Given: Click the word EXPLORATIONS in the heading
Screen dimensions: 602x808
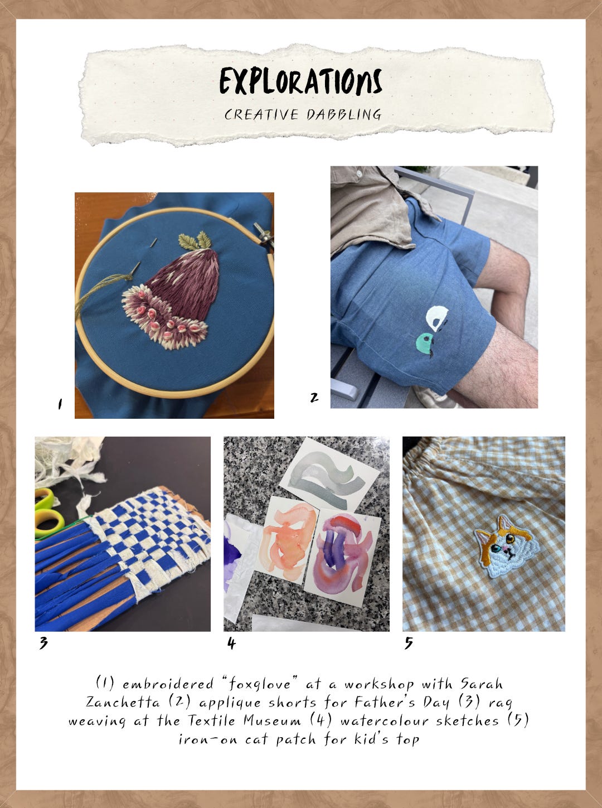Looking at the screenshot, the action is (x=300, y=81).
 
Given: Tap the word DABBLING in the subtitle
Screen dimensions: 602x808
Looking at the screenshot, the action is (x=344, y=114).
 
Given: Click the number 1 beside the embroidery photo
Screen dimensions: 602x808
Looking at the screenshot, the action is (x=60, y=404).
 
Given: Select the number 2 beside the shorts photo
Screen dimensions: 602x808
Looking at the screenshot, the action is (x=314, y=398).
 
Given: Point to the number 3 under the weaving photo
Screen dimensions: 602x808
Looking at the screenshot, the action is (x=43, y=643).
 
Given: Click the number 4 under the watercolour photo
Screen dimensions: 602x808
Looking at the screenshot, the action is (x=231, y=643).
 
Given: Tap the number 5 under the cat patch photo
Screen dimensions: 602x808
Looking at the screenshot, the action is (x=409, y=643).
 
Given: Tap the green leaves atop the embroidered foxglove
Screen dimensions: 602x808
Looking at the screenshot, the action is (x=195, y=240).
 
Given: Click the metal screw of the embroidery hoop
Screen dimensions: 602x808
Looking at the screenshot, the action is (x=264, y=235).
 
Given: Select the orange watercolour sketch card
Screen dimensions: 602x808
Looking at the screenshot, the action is (x=287, y=540).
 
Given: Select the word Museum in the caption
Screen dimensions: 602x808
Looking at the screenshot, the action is (x=272, y=720).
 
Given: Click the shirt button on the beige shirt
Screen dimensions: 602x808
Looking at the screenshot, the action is (x=359, y=173).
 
